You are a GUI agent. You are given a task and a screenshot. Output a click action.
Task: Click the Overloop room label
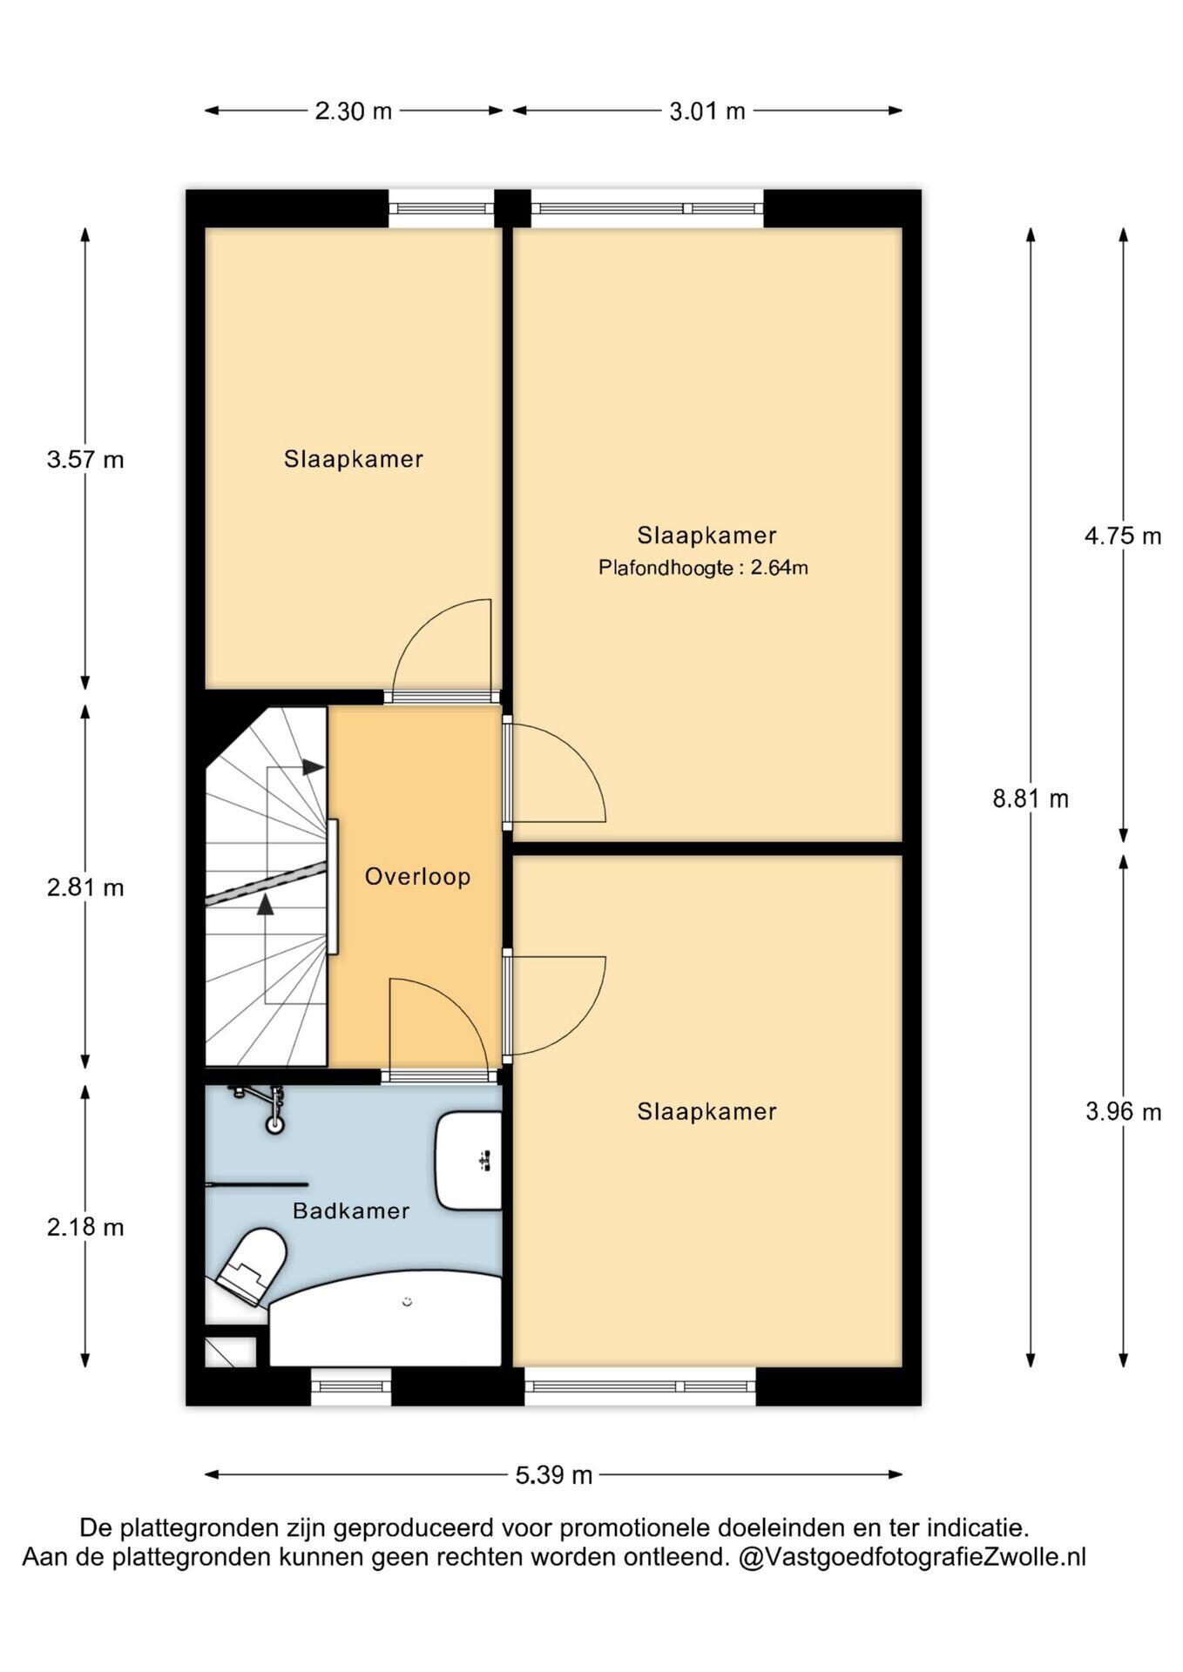coord(417,876)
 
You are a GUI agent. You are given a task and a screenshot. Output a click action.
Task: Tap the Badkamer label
coord(351,1210)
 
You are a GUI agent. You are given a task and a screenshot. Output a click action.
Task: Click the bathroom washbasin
coord(469,1161)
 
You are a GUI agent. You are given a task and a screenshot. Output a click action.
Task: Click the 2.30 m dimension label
coord(353,111)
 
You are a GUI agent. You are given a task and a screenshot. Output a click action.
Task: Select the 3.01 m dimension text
coord(707,111)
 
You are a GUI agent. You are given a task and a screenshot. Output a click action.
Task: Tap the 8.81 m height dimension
coord(1031,799)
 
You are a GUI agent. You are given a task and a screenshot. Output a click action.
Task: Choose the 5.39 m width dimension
coord(554,1475)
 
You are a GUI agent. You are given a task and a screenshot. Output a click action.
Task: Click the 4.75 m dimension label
coord(1123,536)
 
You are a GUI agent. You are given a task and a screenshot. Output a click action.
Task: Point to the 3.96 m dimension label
coord(1123,1112)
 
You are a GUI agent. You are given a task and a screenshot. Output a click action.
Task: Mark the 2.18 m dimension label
coord(85,1227)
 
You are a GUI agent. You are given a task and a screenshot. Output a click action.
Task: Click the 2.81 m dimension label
coord(85,887)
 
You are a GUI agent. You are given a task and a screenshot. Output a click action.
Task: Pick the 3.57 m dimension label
coord(85,459)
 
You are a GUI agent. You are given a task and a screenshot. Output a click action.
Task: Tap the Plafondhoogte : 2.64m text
coord(703,568)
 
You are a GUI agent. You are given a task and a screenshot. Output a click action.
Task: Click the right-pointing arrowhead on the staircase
coord(314,767)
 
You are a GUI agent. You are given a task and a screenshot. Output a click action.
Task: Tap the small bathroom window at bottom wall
coord(351,1386)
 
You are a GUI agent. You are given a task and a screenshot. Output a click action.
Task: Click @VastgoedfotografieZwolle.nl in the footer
coord(912,1556)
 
